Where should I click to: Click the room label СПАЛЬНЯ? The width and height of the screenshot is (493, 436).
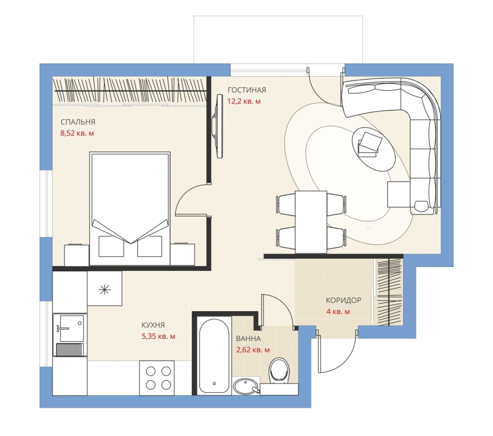point(78,122)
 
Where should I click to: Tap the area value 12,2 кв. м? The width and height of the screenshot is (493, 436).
point(244,101)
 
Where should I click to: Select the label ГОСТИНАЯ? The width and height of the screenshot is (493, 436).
point(247,90)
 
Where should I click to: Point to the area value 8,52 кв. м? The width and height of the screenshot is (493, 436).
point(77,133)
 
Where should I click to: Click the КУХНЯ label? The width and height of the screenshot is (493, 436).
point(153,325)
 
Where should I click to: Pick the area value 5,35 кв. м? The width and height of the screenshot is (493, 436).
point(159,336)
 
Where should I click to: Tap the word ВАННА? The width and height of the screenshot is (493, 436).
point(248,339)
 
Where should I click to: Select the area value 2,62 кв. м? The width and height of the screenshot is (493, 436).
point(253,350)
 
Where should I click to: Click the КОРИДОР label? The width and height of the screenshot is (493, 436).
point(343,300)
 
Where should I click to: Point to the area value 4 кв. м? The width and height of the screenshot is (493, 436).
point(338,312)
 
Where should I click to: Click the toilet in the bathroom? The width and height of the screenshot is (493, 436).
point(279,371)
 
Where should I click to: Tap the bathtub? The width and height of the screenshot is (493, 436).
point(214,356)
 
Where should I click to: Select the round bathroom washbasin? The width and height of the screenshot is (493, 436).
point(246,386)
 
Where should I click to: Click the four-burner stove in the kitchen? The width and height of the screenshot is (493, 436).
point(157,378)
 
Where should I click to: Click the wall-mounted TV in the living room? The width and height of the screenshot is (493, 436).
point(218,126)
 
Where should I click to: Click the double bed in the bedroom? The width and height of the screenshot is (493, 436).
point(130,209)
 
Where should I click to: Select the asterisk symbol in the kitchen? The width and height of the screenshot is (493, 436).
point(104,289)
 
